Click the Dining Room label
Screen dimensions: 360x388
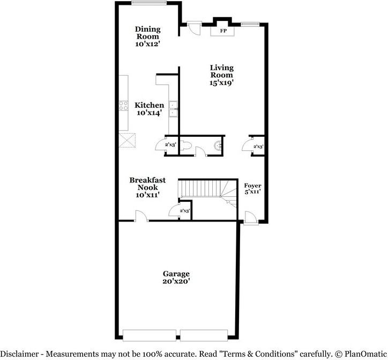(x=147, y=36)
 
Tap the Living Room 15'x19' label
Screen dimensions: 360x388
(x=221, y=75)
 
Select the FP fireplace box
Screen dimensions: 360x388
(x=222, y=31)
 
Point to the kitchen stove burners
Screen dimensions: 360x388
(x=123, y=106)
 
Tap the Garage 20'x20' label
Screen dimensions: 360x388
(x=176, y=277)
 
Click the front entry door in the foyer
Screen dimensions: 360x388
(x=250, y=217)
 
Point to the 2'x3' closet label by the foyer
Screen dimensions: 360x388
(x=258, y=146)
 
